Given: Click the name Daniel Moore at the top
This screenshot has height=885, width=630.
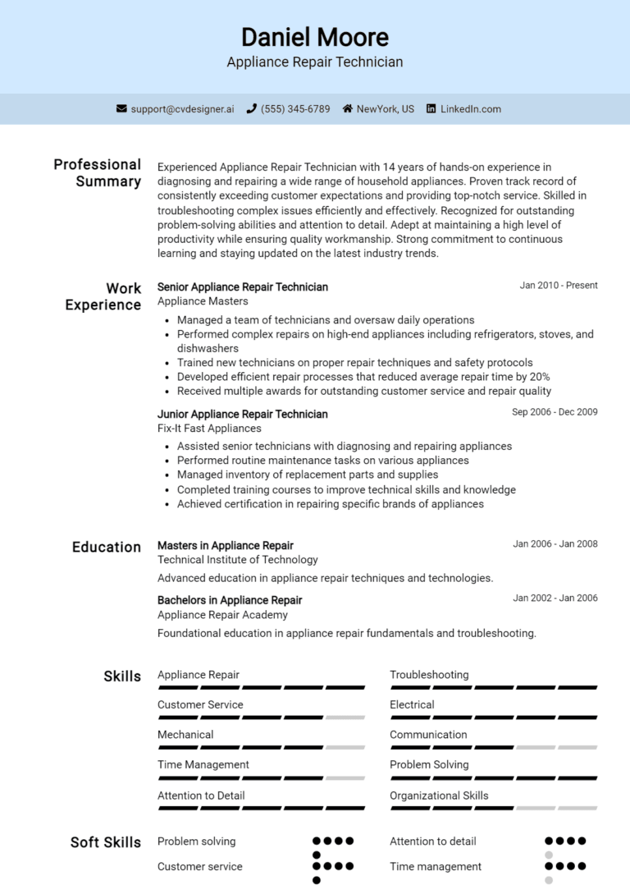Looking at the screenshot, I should (315, 37).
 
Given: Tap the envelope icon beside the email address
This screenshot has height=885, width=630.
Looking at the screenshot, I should (121, 108).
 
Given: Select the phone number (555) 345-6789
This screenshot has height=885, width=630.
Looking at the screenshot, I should (295, 108).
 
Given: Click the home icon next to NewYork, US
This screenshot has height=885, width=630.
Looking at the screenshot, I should (348, 108).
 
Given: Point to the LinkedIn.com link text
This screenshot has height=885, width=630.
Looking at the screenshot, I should (470, 108).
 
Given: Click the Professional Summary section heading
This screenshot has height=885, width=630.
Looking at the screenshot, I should (98, 172).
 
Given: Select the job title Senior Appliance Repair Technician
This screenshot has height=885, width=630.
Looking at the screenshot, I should (243, 287).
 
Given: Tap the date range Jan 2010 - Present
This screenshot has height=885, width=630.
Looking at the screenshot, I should (559, 286).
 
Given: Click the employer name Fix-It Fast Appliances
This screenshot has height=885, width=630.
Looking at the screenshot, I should (209, 429).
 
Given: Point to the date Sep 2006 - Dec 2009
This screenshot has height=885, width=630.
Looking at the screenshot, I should (555, 412).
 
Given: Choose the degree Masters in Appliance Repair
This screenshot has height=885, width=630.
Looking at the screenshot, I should (226, 545).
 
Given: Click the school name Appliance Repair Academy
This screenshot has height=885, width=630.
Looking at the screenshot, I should (222, 614).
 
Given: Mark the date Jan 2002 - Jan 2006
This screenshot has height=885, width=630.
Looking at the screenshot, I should (555, 598).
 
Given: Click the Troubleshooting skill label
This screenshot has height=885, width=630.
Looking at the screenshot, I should (429, 675).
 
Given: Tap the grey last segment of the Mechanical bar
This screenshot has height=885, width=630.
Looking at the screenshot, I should (345, 747).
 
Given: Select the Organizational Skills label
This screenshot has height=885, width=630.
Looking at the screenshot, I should (439, 796).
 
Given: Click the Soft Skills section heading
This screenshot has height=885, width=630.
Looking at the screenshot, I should (106, 842).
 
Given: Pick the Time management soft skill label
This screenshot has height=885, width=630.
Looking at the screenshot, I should (436, 866).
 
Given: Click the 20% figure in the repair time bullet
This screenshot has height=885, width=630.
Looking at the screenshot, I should (540, 377).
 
